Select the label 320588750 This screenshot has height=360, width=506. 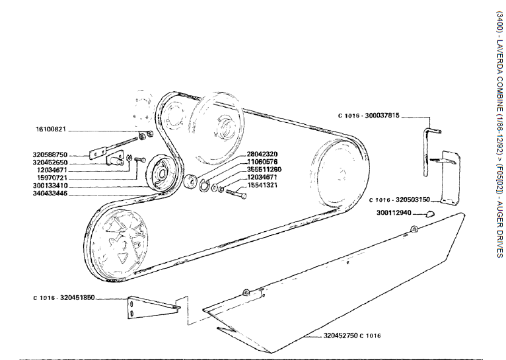[51, 155]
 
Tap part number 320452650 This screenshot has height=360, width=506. [51, 162]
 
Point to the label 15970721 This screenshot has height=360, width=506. [51, 178]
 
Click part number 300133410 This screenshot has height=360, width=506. [51, 186]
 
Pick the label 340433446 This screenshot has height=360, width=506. [51, 194]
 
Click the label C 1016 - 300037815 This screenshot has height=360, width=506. [369, 116]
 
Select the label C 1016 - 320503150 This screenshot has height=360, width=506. [400, 199]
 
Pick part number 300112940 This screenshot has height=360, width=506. [394, 213]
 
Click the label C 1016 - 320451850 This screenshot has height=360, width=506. [64, 298]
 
